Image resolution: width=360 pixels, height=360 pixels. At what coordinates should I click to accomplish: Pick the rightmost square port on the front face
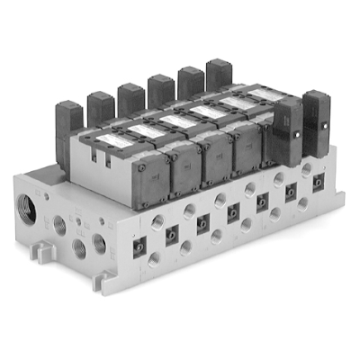point(318,182)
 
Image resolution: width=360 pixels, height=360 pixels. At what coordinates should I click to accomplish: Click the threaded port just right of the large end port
point(60,224)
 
